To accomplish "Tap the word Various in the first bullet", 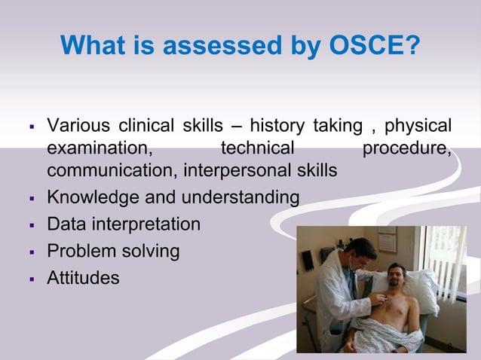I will click(75, 124).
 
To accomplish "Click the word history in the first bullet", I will click(277, 124).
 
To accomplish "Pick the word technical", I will click(256, 148).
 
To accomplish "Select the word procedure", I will click(408, 148).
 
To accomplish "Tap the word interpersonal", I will click(237, 171).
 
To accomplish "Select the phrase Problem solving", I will click(113, 251).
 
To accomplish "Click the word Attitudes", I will click(83, 277).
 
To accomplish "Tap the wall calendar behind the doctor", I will click(387, 240).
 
